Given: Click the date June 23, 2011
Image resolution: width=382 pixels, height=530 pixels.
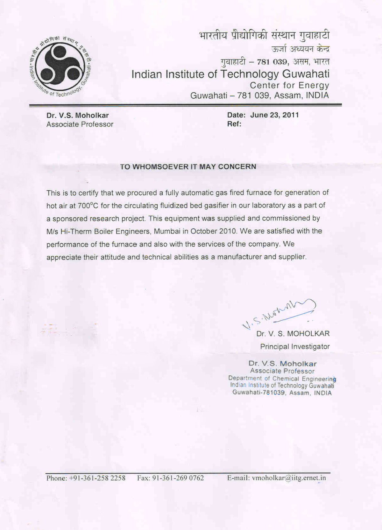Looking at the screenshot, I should coord(274,115).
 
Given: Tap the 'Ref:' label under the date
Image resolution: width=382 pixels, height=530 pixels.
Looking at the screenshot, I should coord(234,124).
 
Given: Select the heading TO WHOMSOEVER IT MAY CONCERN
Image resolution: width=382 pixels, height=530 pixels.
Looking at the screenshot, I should coord(188,167).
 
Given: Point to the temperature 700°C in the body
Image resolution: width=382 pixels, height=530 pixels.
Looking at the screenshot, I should coord(89,206).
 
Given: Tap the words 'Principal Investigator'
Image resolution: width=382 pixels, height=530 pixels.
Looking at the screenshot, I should coord(295,347).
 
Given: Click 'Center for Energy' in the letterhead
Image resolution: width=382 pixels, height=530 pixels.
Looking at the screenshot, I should coord(289,86).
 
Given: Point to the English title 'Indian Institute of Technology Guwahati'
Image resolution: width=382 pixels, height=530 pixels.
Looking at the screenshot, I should coord(230,74).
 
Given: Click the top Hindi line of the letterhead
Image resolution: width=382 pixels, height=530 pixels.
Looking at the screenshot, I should coord(264,36).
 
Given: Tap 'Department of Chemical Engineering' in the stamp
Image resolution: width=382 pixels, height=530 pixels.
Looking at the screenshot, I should coord(282,379).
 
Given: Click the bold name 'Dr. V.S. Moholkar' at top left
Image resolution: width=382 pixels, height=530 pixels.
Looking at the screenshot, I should coord(77,115).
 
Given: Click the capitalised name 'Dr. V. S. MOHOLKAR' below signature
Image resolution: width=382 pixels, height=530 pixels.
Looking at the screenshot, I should coord(293,334).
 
